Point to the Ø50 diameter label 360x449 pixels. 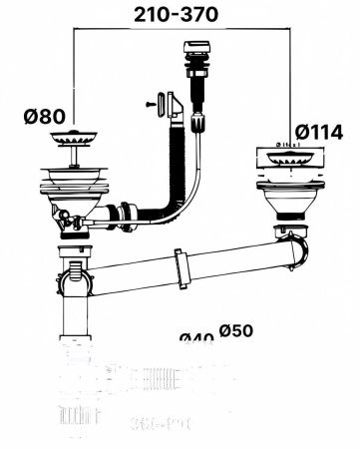click(x=237, y=330)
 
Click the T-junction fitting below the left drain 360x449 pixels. click(x=76, y=269)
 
